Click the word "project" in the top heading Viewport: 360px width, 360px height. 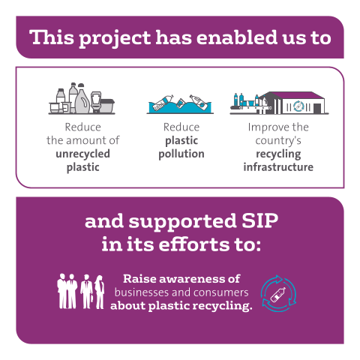coord(115,39)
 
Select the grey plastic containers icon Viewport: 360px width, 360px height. coord(82,98)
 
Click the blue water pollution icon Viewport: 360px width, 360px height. coord(180,104)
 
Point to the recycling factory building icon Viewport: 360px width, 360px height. coord(279,103)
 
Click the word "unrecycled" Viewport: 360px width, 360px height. coord(82,154)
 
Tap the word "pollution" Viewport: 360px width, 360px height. coord(181,154)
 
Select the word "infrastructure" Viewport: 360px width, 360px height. coord(278,166)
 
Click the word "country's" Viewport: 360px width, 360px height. coord(278,141)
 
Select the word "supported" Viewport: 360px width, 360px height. coord(182,222)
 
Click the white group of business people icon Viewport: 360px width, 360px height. coord(81,292)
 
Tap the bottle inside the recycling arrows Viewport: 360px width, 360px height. coord(278,295)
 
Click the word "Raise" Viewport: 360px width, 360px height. coord(139,279)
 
